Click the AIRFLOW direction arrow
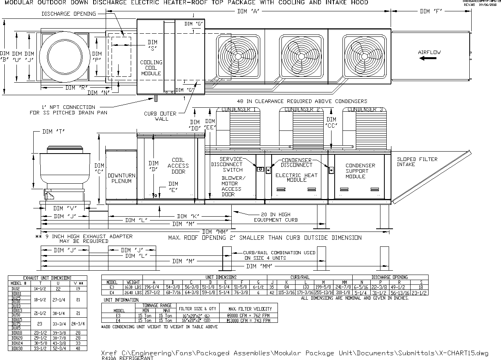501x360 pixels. coord(427,58)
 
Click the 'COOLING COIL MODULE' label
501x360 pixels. coord(151,67)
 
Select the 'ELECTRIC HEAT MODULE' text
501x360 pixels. coord(296,177)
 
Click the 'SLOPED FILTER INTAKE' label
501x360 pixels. coord(417,162)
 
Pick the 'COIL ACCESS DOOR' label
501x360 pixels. coord(178,166)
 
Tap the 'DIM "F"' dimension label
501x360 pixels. coord(431,11)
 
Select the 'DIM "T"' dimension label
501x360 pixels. coord(54,132)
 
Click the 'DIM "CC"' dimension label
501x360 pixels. coord(331,122)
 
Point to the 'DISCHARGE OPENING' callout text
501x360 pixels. coord(68,14)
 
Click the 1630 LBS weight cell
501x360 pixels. coord(133,287)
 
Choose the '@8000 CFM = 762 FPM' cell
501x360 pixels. coord(248,315)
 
